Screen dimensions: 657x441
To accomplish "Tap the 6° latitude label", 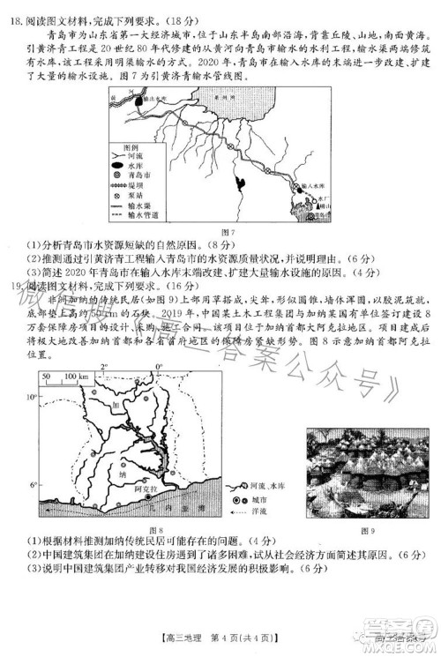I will (34, 485).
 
